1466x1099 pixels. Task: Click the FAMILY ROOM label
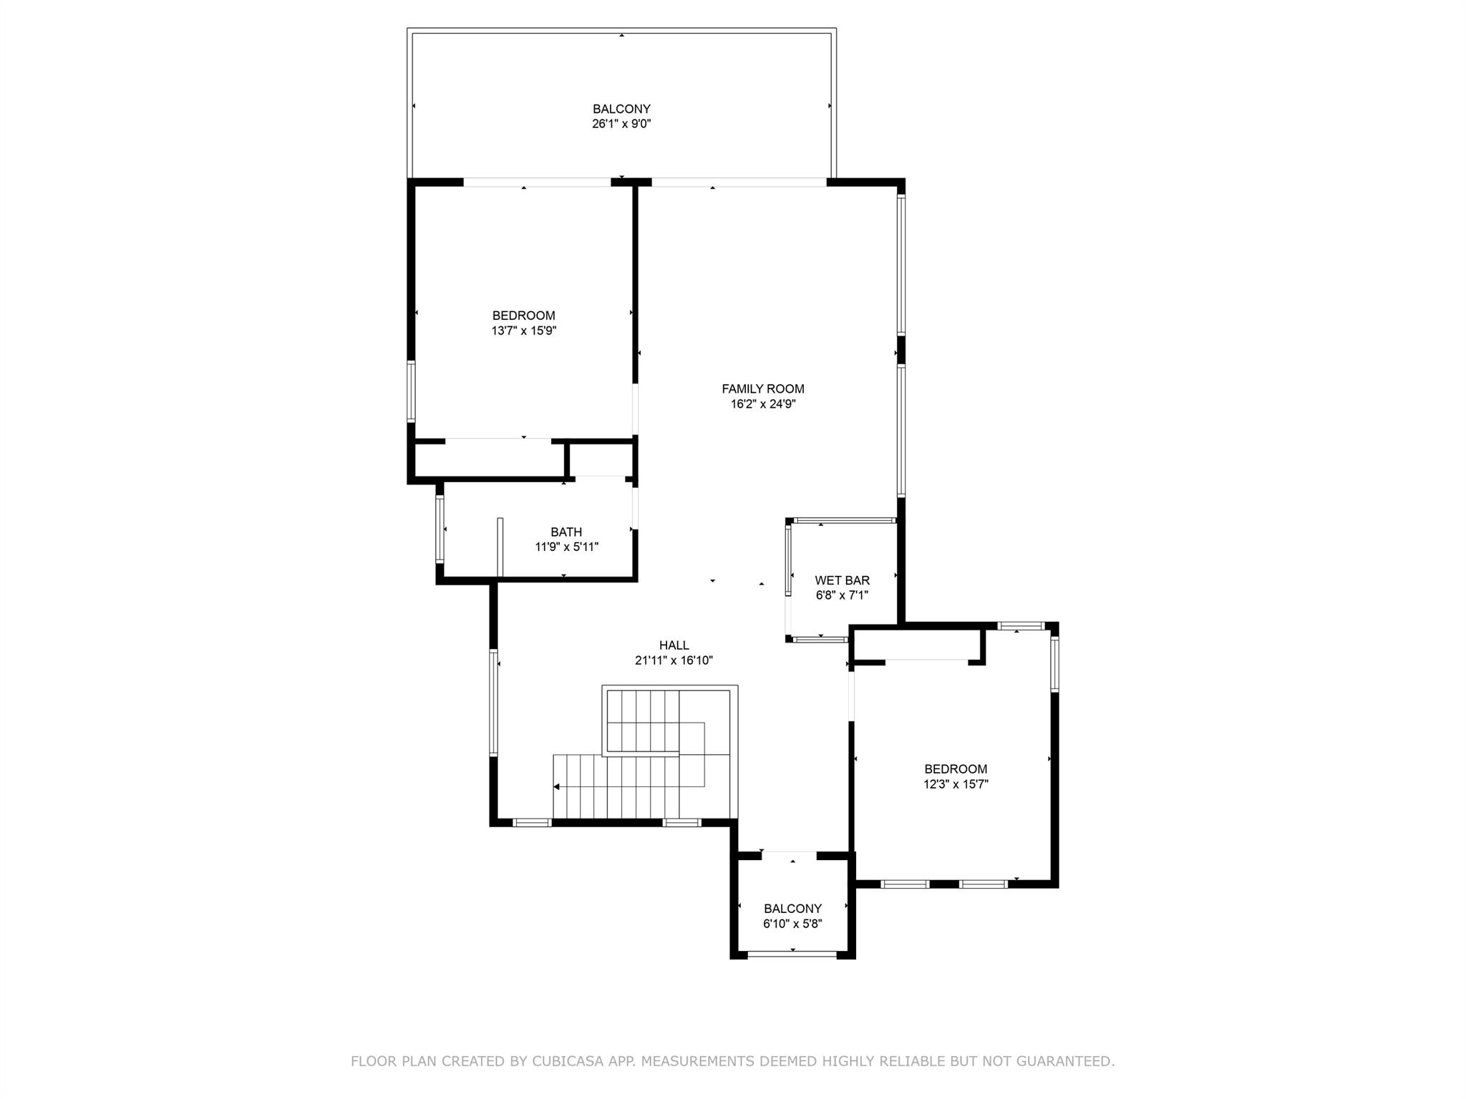762,389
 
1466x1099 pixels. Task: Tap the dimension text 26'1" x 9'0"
621,124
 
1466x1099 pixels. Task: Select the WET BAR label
842,580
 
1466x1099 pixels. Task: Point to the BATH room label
566,532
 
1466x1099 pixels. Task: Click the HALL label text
674,645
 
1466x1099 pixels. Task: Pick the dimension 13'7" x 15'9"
523,331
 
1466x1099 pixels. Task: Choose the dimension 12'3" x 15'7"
956,784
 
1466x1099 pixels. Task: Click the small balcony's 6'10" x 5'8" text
792,924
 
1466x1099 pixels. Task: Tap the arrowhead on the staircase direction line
556,787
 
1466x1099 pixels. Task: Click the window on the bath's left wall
440,529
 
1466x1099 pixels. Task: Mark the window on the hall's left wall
493,702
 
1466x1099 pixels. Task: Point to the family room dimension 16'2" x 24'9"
762,404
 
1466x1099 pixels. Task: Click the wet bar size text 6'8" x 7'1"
842,595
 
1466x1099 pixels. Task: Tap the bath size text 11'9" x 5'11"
566,547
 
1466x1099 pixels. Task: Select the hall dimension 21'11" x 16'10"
674,660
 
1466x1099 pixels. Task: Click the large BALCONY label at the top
621,109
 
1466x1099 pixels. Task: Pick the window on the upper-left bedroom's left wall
411,391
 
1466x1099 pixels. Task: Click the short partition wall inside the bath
500,547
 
